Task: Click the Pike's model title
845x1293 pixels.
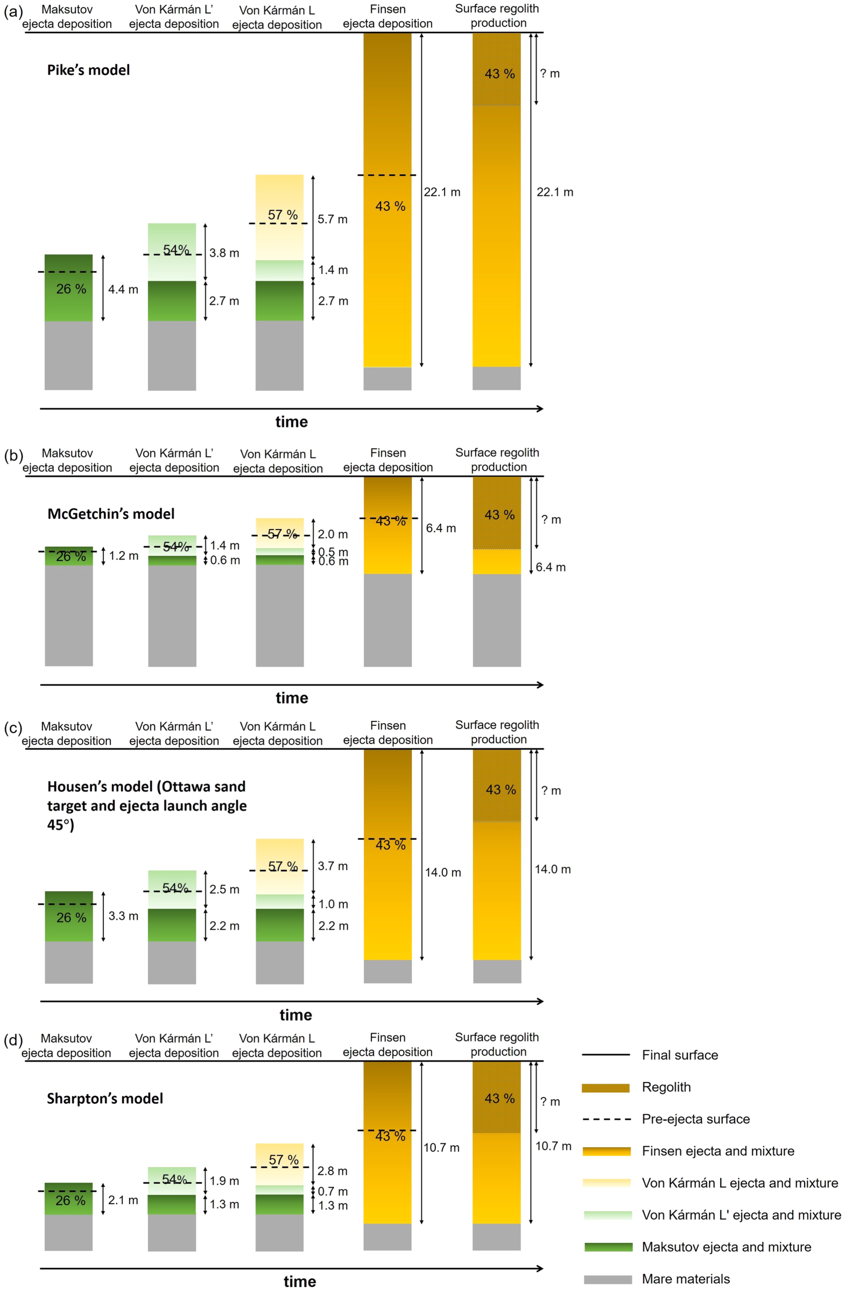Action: click(88, 70)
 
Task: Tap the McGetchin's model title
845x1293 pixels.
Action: click(111, 514)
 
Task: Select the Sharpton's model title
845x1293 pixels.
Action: click(105, 1099)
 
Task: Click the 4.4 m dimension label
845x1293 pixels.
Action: click(123, 289)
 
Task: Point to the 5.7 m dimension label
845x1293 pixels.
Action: click(332, 220)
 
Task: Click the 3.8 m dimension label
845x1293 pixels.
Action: click(224, 253)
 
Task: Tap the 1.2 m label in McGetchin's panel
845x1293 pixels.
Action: click(123, 556)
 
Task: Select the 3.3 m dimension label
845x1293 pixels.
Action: click(123, 916)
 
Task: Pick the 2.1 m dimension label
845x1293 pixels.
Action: click(123, 1200)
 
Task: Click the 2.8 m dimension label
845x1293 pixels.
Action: click(332, 1171)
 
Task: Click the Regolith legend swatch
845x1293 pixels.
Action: click(605, 1087)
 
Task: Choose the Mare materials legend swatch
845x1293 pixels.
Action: click(608, 1280)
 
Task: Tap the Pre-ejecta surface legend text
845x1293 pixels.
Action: click(695, 1119)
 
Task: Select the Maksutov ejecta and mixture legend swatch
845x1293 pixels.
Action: click(608, 1247)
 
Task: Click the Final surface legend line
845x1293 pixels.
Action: click(605, 1055)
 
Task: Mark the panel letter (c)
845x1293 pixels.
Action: click(12, 728)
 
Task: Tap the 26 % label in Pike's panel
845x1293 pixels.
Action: click(71, 289)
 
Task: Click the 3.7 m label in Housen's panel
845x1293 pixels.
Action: click(332, 866)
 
